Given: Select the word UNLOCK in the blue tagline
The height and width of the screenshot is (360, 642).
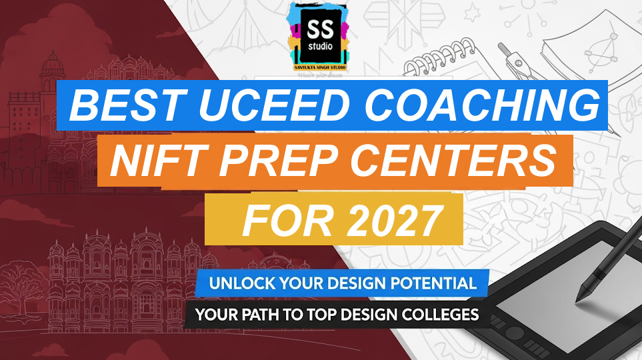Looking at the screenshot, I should click(239, 283).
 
